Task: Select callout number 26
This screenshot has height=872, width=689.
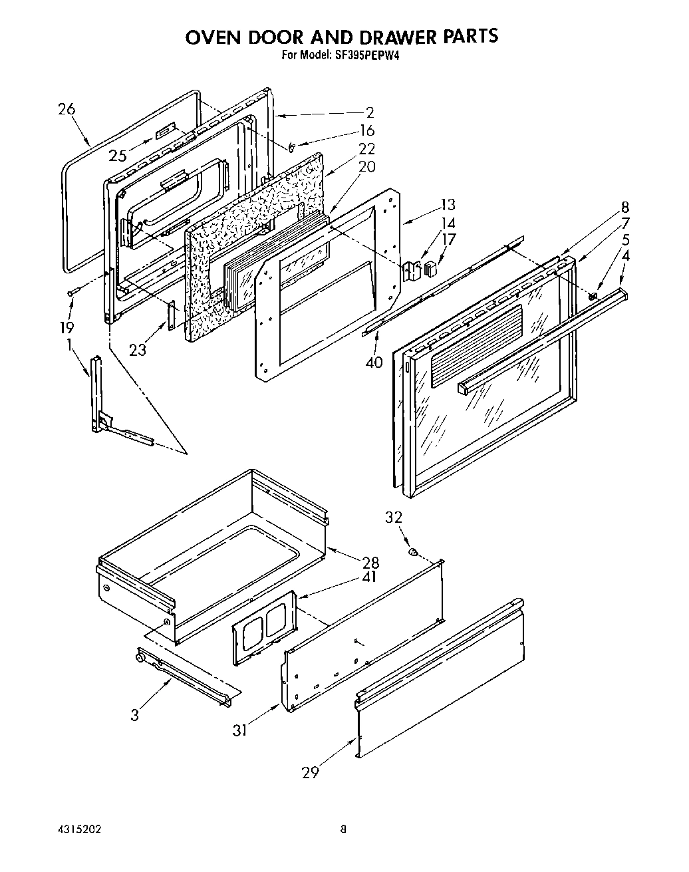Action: point(67,110)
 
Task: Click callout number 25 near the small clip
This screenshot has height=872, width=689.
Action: point(118,156)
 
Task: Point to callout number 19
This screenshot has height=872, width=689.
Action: point(67,327)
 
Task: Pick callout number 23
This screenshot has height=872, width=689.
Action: point(138,349)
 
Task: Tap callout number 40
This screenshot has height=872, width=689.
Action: point(374,363)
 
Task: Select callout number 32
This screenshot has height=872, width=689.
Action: point(394,517)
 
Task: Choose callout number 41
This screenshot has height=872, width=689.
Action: point(370,577)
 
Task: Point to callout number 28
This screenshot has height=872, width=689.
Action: point(370,563)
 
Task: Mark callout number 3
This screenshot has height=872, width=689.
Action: point(135,715)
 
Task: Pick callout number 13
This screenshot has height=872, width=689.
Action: point(448,206)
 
